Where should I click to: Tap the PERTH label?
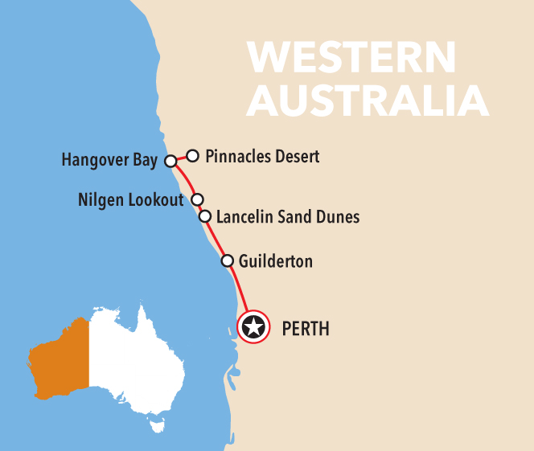[306, 328]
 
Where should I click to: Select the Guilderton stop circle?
[227, 260]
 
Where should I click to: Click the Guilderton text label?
[276, 261]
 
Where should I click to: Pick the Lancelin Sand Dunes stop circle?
[205, 216]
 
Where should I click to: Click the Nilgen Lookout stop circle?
[197, 199]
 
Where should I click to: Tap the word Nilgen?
[101, 199]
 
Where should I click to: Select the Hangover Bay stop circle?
[170, 161]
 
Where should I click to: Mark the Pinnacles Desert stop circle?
[193, 155]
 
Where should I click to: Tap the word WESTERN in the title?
[351, 58]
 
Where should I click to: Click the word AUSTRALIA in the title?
[368, 100]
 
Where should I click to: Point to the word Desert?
[296, 156]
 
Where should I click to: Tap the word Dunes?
[339, 216]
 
